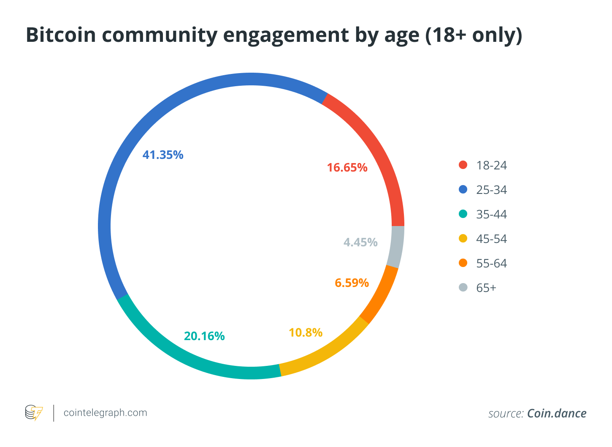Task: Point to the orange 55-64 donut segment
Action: click(380, 296)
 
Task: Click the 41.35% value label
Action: click(163, 155)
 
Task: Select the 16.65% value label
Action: click(347, 168)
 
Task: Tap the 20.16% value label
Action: click(204, 336)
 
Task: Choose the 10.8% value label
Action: click(306, 333)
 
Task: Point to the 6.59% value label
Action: click(352, 283)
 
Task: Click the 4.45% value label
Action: click(360, 243)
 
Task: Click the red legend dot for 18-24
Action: click(463, 165)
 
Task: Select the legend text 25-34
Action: click(491, 190)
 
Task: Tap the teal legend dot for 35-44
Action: click(463, 214)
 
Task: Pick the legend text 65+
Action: click(486, 288)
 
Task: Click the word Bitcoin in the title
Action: click(61, 35)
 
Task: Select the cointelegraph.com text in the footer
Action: click(105, 413)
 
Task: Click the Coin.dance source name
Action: click(557, 413)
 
